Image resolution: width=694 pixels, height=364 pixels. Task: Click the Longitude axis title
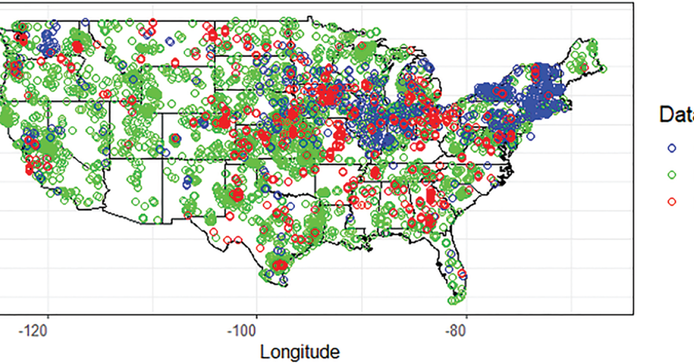pos(300,351)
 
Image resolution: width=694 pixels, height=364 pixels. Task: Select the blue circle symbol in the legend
pos(671,147)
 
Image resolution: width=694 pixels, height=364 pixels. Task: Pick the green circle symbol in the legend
pos(671,174)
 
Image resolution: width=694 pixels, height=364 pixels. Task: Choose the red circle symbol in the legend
pos(671,202)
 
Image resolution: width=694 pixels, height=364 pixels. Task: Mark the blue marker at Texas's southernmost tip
pos(283,281)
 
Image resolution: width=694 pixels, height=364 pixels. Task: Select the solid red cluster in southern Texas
pos(280,265)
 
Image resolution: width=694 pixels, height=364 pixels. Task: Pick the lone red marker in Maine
pos(584,68)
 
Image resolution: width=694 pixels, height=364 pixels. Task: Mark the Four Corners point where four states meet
pos(163,157)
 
